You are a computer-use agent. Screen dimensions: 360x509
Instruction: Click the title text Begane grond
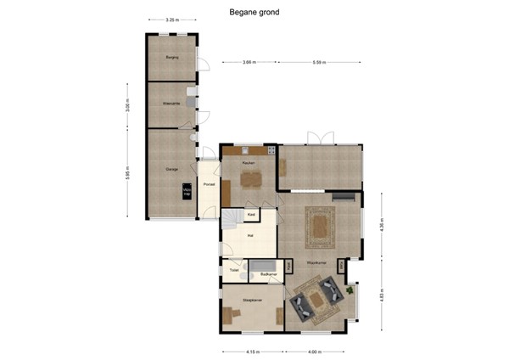tap(254, 13)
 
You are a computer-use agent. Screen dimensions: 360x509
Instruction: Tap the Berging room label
tap(171, 57)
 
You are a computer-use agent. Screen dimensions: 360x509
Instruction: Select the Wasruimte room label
tap(171, 104)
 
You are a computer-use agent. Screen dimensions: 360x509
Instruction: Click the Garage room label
tap(171, 169)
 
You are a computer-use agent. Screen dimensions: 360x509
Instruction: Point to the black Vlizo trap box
tap(187, 192)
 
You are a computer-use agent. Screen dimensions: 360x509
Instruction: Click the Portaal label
tap(209, 183)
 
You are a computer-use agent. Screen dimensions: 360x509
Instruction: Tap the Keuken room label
tap(249, 162)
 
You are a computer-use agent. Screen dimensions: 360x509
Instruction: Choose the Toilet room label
tap(234, 270)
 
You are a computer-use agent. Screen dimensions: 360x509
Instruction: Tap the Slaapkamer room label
tap(251, 300)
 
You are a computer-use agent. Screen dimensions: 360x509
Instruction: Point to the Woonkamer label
tap(317, 262)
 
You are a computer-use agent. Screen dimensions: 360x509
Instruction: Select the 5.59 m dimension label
tap(319, 62)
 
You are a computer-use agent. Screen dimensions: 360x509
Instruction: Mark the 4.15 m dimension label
tap(252, 351)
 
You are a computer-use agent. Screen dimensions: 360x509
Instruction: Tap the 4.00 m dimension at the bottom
tap(315, 351)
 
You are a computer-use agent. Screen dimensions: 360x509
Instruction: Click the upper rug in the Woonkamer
tap(320, 225)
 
